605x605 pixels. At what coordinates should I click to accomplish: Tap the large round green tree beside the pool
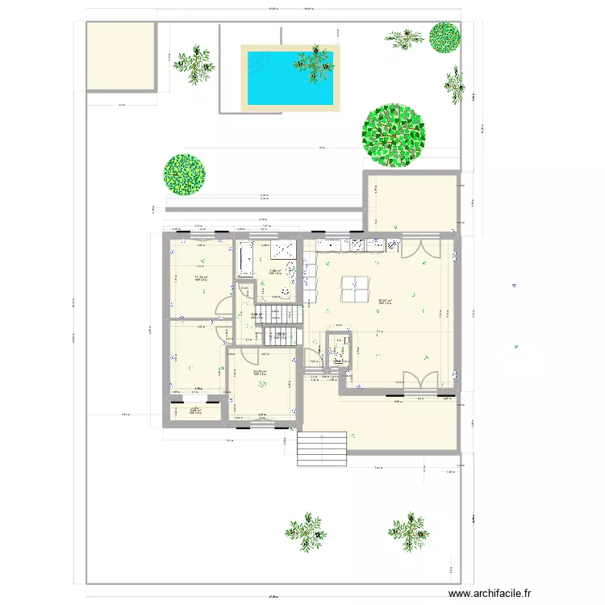[393, 136]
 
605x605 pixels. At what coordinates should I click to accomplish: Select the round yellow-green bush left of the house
[185, 174]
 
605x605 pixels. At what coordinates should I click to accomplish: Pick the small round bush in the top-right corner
[444, 37]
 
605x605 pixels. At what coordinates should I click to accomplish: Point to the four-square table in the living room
[356, 288]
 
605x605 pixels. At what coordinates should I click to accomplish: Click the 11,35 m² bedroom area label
[201, 278]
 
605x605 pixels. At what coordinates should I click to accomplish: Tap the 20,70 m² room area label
[260, 372]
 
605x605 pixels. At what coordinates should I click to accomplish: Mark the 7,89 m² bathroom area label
[274, 272]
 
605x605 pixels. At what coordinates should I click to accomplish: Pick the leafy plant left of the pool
[194, 64]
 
